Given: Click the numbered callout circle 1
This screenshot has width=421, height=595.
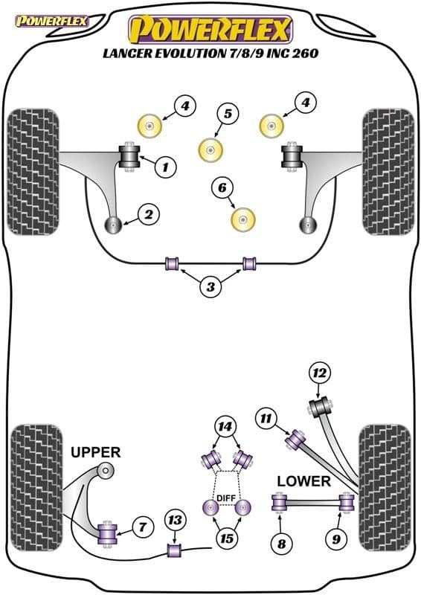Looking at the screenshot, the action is [166, 166].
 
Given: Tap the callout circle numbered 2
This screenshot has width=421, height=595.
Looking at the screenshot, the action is [149, 214].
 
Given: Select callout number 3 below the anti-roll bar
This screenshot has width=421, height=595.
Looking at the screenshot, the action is [210, 287].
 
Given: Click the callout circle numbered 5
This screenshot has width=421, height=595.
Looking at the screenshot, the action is [228, 114].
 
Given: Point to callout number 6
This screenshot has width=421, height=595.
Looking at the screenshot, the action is [222, 187].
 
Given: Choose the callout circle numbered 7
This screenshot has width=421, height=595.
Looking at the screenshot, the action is [142, 527].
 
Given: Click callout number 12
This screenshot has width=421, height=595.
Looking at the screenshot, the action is [320, 373].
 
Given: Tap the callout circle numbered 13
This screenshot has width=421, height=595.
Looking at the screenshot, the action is [175, 519].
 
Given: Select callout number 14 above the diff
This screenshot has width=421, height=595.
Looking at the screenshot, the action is [225, 427].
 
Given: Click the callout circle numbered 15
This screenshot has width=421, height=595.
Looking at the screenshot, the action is [227, 538].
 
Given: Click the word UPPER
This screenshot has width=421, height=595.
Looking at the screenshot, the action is [96, 452].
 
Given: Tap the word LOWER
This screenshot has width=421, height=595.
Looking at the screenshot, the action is [303, 481].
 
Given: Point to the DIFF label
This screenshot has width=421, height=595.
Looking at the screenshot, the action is [226, 498].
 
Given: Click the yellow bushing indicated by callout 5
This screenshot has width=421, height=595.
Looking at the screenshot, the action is [210, 150].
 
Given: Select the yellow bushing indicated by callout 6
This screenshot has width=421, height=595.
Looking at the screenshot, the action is [243, 220].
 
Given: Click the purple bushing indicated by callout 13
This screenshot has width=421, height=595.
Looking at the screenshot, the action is [175, 550].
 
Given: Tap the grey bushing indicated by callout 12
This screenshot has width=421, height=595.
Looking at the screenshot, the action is [321, 407].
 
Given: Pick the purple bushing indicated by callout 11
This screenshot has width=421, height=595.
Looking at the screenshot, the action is [295, 440].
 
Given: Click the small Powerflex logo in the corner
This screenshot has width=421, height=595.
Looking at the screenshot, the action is [51, 22].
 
